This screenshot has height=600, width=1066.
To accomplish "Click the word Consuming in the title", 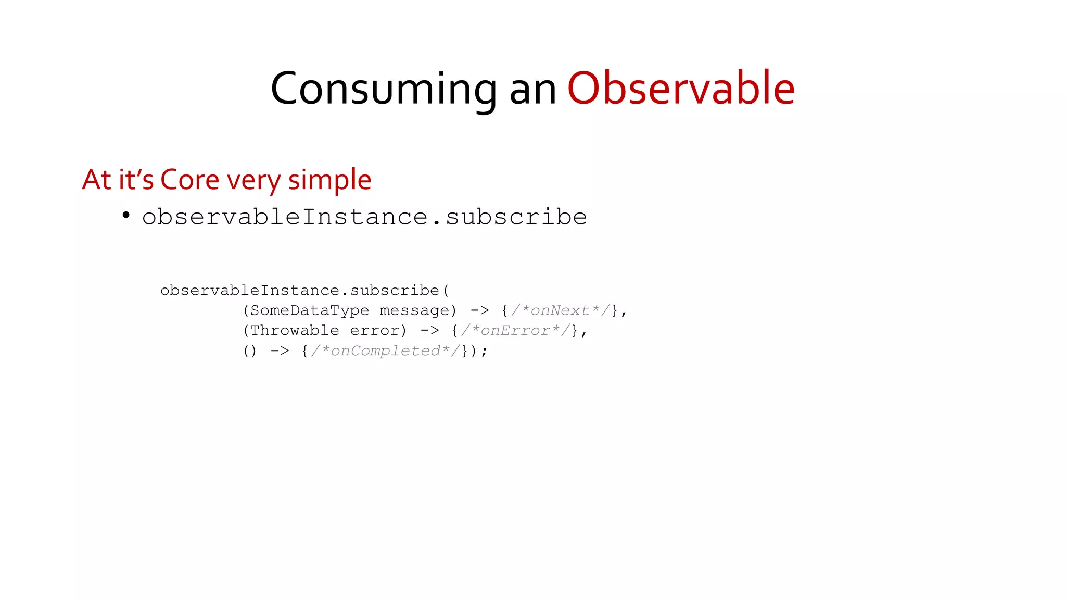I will coord(384,89).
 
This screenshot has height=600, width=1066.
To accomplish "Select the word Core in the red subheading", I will coord(190,180).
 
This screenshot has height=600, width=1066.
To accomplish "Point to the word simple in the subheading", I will coord(329,180).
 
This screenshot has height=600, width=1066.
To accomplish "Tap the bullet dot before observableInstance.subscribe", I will coord(126,215).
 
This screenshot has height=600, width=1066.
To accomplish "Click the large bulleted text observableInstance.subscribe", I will coord(364,217).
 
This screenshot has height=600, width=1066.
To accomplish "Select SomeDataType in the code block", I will coord(310,310).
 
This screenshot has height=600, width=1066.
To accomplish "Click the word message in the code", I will coord(414,310).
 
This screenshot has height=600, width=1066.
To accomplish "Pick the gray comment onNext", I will coord(560,310).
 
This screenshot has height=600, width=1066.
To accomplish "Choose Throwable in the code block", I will coord(295,331).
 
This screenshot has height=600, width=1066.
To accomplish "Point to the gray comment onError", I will coord(515,331).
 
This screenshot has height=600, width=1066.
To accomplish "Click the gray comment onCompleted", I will coord(386,351).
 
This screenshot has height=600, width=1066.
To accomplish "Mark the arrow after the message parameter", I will coord(480,310).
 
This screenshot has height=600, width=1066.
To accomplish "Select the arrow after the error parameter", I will coord(430,331).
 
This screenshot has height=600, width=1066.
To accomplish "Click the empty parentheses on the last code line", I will coord(250,351).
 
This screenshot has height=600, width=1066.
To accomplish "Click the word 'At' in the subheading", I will coord(96,180).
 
